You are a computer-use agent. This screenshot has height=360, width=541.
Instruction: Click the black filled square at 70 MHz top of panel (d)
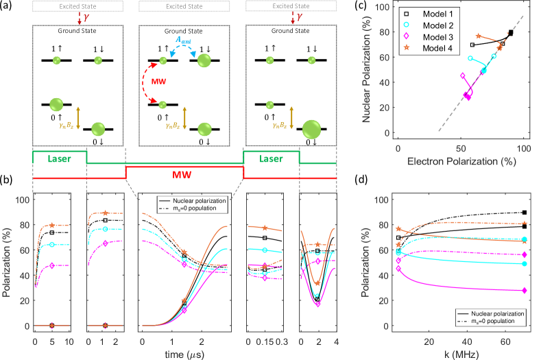coord(525,213)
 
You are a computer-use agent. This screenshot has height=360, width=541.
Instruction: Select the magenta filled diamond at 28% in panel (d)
coord(525,291)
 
